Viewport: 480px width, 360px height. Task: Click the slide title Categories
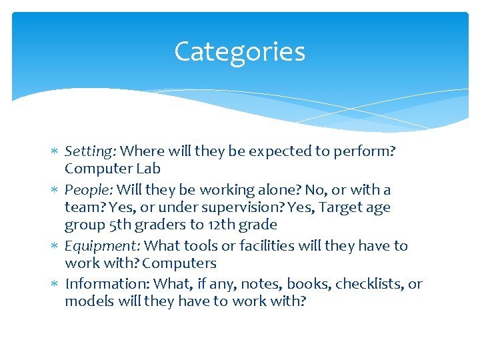tap(239, 52)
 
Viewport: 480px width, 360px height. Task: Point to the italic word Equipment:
tap(103, 246)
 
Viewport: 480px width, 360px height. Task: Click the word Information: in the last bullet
tap(107, 284)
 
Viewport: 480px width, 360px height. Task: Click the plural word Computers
tap(179, 263)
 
